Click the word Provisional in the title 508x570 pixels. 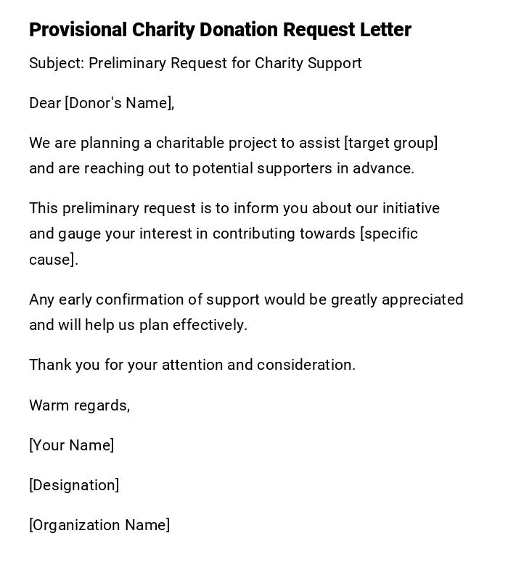78,30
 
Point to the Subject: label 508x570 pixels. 57,63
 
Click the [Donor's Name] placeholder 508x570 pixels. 120,103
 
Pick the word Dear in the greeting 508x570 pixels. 45,103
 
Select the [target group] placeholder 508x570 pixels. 391,143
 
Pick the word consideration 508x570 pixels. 311,365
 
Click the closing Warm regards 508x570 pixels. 80,405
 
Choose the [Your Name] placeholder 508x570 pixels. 72,445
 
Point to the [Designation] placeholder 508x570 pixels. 74,485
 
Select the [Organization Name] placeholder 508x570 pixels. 99,525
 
